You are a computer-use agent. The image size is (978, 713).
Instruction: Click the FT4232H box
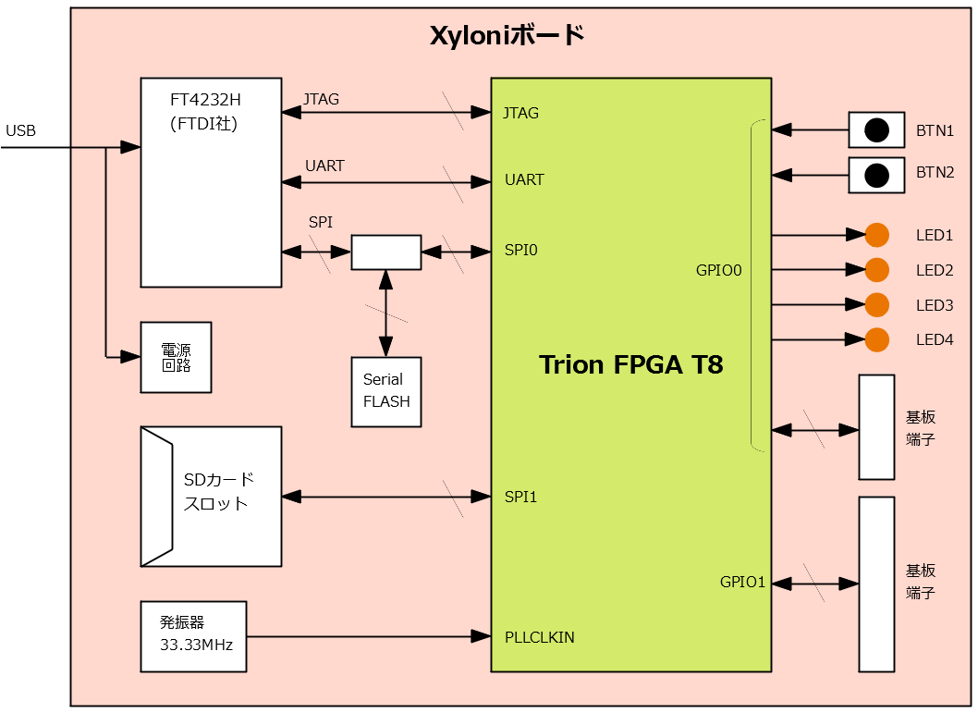coord(211,182)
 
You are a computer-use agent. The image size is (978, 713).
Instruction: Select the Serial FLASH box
coord(385,392)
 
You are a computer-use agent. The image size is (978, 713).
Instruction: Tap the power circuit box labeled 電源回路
coord(176,357)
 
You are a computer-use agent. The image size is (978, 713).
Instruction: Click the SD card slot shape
coord(211,497)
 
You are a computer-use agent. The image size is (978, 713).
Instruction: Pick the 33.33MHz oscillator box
coord(193,636)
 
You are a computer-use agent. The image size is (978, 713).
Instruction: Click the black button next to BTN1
coord(876,130)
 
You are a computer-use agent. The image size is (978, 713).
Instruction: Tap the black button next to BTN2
coord(876,175)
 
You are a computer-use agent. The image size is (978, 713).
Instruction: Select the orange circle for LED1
coord(876,235)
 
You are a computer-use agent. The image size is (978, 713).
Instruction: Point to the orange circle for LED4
coord(876,339)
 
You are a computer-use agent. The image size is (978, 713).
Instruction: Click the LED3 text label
coord(934,305)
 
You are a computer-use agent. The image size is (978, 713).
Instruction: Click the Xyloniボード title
coord(507,36)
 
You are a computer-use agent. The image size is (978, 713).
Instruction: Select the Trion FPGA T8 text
coord(630,364)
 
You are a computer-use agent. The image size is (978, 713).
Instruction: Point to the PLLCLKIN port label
coord(539,637)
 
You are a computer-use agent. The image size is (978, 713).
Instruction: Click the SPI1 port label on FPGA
coord(520,498)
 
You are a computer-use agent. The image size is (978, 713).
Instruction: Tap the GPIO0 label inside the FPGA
coord(719,271)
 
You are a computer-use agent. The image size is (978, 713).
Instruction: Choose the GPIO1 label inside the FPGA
coord(742,583)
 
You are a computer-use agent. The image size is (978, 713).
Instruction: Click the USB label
coord(20,131)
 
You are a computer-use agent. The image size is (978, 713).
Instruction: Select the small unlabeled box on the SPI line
coord(385,252)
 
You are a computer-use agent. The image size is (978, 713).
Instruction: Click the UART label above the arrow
coord(324,166)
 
